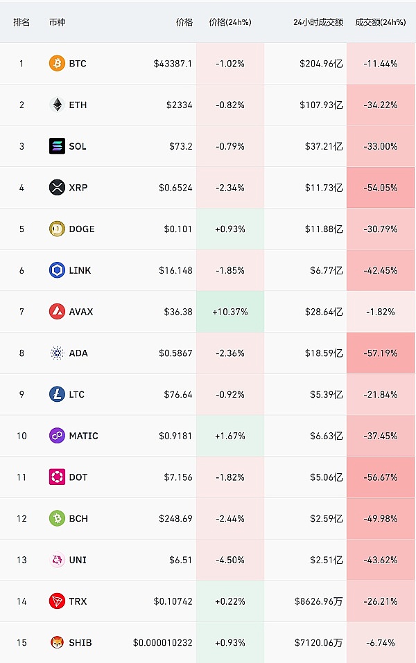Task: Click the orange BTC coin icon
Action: [x=57, y=64]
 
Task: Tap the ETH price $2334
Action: [x=179, y=105]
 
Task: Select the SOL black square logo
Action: [x=57, y=146]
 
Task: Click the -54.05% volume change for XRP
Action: [x=380, y=188]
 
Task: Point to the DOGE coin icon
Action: [x=57, y=229]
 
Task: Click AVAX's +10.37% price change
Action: [x=230, y=312]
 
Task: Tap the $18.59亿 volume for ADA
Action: [x=323, y=353]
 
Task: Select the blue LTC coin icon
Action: [x=57, y=394]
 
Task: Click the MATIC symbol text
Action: [x=83, y=436]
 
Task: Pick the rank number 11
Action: [x=21, y=477]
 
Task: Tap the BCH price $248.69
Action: [x=174, y=518]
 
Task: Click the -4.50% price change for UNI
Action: [x=230, y=560]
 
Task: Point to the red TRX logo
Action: [x=57, y=601]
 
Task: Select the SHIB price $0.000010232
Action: [x=162, y=643]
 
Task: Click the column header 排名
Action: [x=21, y=22]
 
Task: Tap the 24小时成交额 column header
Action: [x=318, y=22]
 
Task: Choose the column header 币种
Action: [x=58, y=22]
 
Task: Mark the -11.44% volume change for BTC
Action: [x=380, y=64]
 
